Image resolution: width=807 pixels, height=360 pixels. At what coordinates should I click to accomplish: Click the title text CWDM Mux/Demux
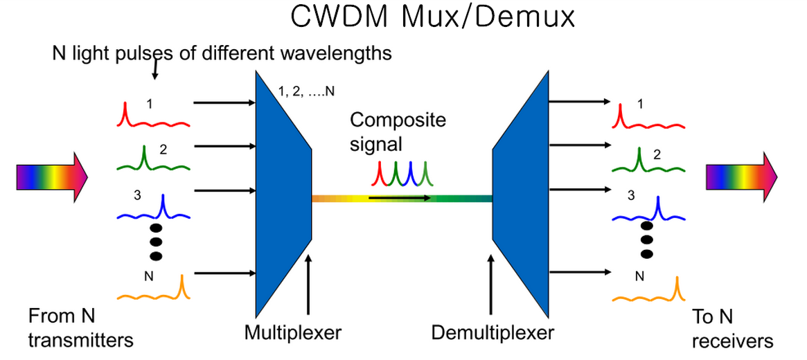[432, 17]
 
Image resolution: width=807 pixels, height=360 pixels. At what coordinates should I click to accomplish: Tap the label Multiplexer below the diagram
[293, 333]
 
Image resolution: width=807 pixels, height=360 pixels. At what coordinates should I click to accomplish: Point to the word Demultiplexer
[493, 333]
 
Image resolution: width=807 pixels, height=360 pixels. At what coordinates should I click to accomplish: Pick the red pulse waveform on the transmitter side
[152, 118]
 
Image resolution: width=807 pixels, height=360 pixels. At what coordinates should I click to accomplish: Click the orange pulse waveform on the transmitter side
[152, 291]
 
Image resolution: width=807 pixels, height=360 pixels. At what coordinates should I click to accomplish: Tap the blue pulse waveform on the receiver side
[649, 212]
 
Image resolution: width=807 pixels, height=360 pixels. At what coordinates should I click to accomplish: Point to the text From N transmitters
[80, 329]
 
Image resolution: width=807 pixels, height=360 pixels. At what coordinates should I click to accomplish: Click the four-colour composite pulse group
[405, 174]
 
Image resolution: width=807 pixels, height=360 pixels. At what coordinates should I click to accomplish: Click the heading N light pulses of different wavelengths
[222, 53]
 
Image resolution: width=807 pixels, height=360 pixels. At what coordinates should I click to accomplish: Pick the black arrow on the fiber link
[400, 198]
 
